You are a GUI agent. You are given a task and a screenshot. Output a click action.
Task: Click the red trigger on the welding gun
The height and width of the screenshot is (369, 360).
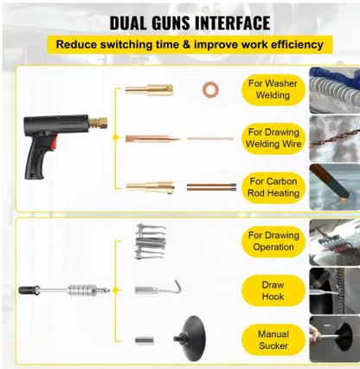click(x=54, y=143)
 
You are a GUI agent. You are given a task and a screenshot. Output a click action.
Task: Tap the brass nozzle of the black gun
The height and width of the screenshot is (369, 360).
click(x=98, y=123)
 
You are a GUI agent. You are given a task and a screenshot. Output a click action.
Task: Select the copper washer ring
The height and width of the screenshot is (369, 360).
click(x=210, y=89)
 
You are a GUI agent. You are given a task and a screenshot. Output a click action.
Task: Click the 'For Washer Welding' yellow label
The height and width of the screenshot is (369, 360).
click(x=273, y=89)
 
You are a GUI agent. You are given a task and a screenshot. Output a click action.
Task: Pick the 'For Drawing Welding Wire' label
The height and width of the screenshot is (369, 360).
click(x=273, y=139)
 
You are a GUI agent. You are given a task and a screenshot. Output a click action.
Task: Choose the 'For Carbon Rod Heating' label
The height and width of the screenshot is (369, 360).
click(x=273, y=187)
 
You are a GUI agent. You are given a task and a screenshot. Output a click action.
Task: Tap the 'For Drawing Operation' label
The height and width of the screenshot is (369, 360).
click(x=273, y=242)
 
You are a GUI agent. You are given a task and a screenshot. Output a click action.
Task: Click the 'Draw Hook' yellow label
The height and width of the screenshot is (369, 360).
click(x=273, y=290)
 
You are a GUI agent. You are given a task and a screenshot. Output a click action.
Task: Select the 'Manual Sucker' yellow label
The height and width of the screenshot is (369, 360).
click(x=273, y=340)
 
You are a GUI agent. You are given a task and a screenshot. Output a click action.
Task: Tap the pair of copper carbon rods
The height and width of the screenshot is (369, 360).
click(x=211, y=187)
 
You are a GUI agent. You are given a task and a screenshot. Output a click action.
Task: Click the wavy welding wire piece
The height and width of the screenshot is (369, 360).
click(x=209, y=139)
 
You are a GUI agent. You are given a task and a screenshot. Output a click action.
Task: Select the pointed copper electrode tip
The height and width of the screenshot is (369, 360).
click(x=153, y=139)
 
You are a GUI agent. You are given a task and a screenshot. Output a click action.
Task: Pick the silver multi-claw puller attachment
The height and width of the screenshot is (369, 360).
click(x=151, y=242)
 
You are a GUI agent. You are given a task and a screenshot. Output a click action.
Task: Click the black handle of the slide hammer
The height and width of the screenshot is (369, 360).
click(x=29, y=290)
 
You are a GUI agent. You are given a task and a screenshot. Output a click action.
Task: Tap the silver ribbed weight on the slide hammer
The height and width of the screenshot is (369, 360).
click(x=82, y=290)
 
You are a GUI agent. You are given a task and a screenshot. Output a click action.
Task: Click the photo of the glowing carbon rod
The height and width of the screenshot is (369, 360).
click(x=335, y=187)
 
